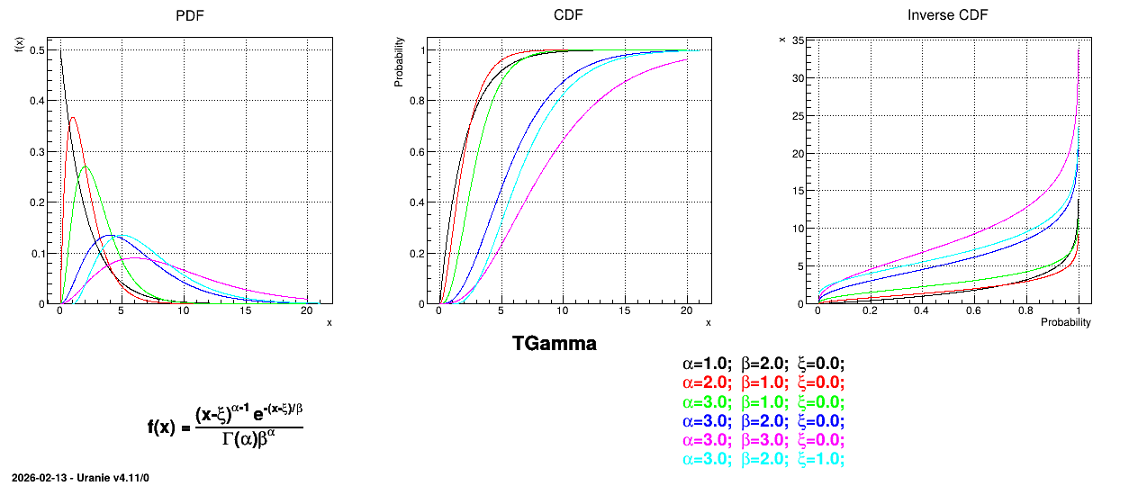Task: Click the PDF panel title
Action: (189, 15)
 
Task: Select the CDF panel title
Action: (568, 15)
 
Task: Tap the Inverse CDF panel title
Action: (947, 15)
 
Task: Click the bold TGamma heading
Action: (555, 344)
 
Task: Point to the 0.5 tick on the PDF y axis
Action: (37, 50)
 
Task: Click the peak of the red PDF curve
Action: (73, 117)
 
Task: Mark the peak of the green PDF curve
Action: (85, 166)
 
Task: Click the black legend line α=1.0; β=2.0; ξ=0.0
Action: (763, 364)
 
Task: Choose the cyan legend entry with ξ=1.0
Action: (763, 459)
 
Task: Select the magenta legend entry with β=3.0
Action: (763, 440)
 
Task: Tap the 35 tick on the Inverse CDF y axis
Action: (798, 40)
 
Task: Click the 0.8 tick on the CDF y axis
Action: (417, 101)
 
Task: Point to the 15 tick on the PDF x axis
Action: (246, 310)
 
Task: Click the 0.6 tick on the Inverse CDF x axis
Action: (973, 310)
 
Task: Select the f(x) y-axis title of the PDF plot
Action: (19, 45)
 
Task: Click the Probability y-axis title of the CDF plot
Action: (399, 62)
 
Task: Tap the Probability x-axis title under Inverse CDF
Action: (1065, 322)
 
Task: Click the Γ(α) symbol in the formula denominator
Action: (239, 439)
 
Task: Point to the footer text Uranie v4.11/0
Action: (113, 478)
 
